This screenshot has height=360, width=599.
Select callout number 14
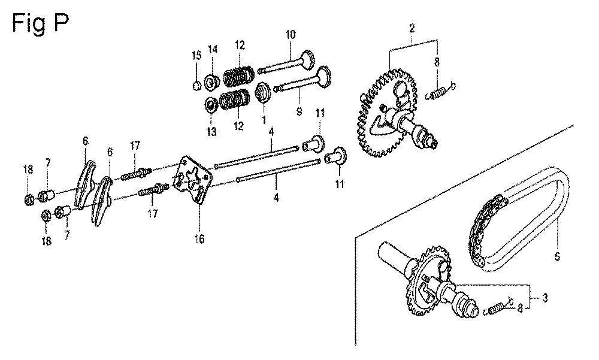pyautogui.click(x=213, y=49)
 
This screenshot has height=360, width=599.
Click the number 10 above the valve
pyautogui.click(x=291, y=34)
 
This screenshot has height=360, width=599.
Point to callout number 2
pyautogui.click(x=412, y=28)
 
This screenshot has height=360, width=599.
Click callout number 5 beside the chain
pyautogui.click(x=557, y=256)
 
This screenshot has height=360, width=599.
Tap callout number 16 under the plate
pyautogui.click(x=199, y=239)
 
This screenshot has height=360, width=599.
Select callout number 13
pyautogui.click(x=211, y=132)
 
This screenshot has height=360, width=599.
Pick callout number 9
pyautogui.click(x=299, y=111)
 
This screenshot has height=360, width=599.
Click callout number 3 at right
pyautogui.click(x=544, y=297)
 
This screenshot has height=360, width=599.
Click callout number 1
pyautogui.click(x=264, y=120)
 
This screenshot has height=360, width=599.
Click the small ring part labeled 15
pyautogui.click(x=196, y=86)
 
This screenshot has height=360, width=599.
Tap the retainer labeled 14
pyautogui.click(x=211, y=83)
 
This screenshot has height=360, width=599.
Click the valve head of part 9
pyautogui.click(x=325, y=75)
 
